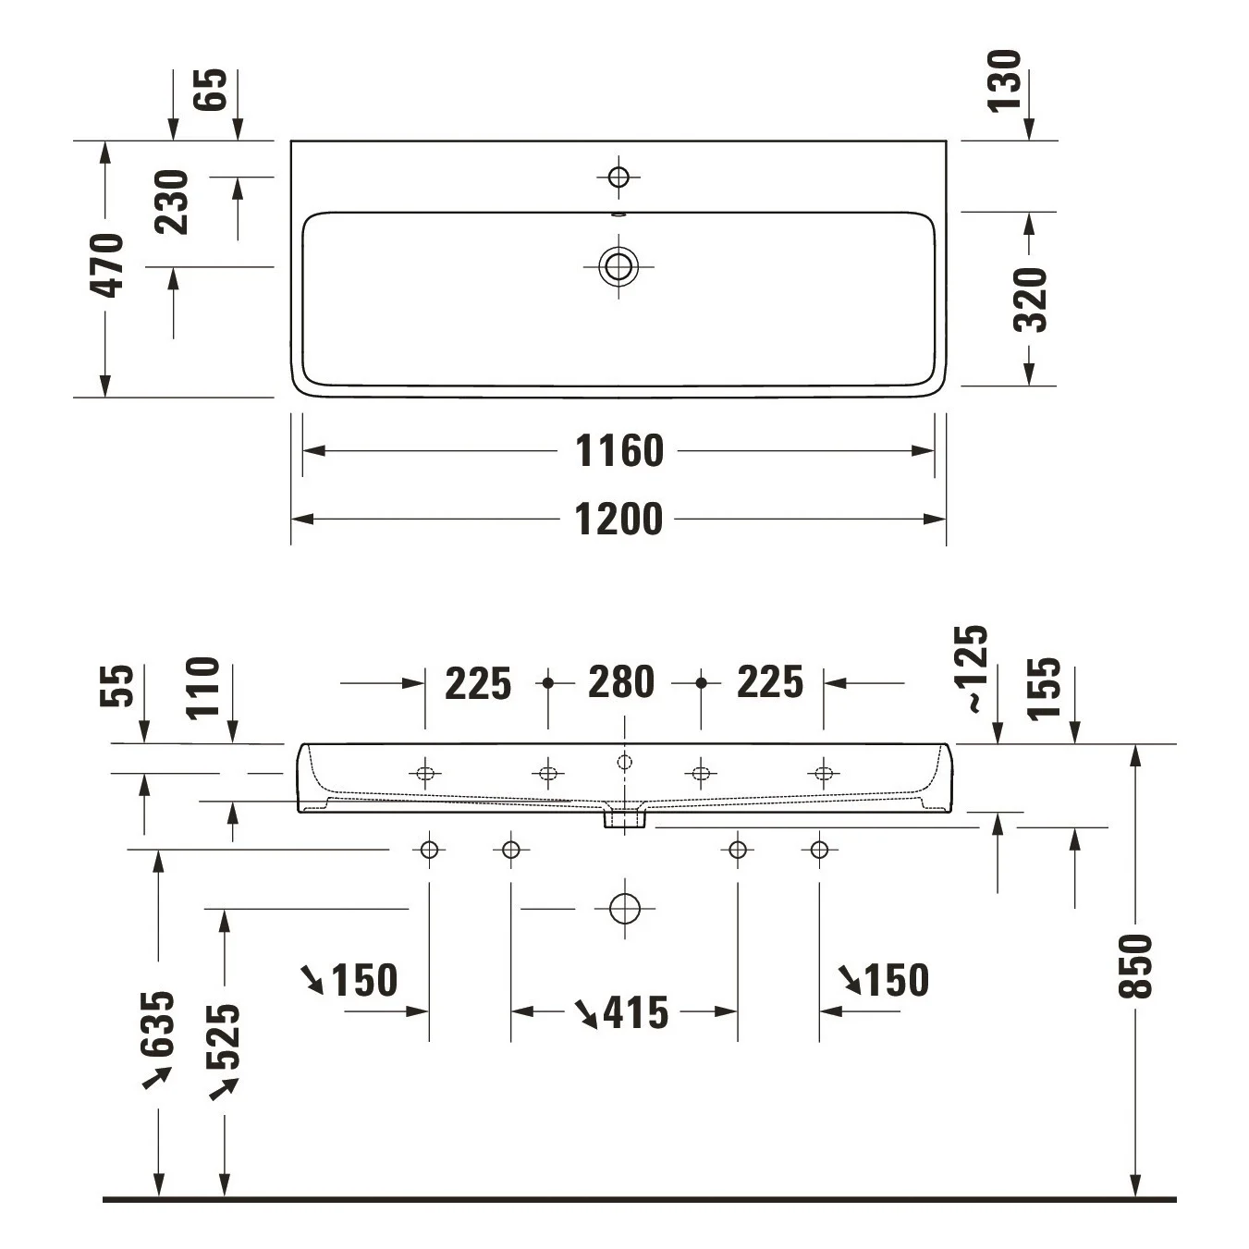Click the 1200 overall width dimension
619,520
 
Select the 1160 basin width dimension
619,451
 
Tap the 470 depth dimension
106,265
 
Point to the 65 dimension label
211,89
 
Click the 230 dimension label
172,202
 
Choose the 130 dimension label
1004,81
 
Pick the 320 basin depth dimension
1030,300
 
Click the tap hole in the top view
619,177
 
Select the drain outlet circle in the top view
619,266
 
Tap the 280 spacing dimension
621,682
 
